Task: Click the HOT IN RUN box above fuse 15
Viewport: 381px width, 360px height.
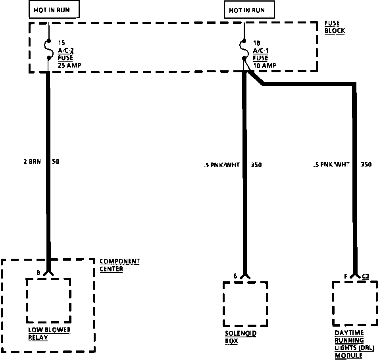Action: pos(54,10)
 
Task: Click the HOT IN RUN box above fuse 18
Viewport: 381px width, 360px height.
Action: pos(249,10)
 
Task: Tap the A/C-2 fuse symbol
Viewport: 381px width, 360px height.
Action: pos(49,49)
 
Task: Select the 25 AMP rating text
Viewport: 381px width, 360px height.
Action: pos(69,65)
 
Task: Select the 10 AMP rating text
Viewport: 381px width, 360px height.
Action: pos(265,65)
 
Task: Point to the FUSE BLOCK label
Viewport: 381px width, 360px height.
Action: pos(334,27)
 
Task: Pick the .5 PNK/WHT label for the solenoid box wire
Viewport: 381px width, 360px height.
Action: pos(221,165)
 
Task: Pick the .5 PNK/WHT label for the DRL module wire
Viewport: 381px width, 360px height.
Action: pos(331,165)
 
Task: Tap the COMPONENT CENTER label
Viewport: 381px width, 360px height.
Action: pos(119,265)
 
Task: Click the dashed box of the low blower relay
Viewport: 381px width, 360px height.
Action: pos(48,300)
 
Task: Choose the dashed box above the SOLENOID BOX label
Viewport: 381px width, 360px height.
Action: pos(245,304)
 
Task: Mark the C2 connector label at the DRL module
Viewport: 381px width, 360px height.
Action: pos(366,276)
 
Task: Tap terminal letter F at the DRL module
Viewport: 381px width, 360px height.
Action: pos(346,276)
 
